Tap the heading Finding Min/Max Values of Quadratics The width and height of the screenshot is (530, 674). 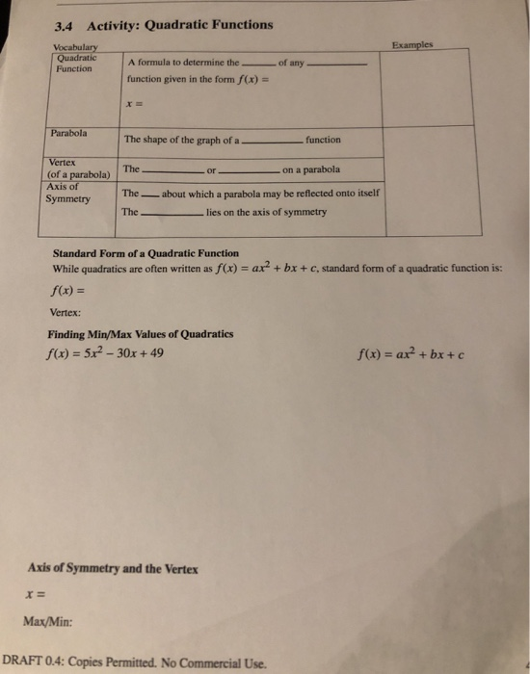[141, 334]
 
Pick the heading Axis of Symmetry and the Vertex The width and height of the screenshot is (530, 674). [121, 568]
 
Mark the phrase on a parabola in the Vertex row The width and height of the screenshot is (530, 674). [311, 170]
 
